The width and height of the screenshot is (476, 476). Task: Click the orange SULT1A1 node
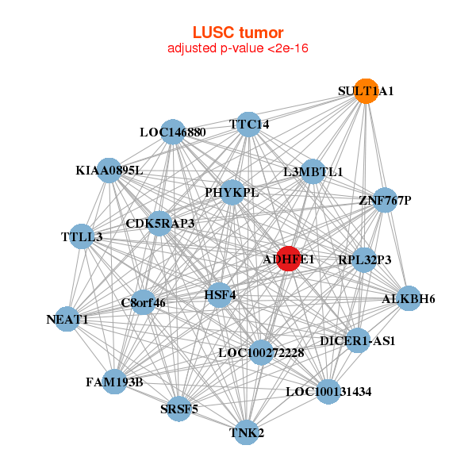[x=365, y=91]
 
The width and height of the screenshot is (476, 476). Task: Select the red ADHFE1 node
[x=289, y=259]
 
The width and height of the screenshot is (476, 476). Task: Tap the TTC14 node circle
[x=249, y=124]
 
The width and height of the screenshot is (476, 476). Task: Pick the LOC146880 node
[x=173, y=132]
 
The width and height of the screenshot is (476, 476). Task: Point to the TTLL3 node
[x=82, y=236]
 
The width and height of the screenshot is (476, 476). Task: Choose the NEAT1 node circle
[x=67, y=320]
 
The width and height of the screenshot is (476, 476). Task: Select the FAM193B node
[x=114, y=382]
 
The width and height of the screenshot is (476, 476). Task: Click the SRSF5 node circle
[x=179, y=409]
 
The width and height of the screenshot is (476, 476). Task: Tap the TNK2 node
[x=247, y=432]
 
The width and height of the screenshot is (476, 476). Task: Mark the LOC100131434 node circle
[x=328, y=391]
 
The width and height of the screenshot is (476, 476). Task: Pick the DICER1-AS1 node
[x=358, y=340]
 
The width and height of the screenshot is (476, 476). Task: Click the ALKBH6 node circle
[x=409, y=298]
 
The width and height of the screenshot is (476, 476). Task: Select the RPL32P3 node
[x=364, y=259]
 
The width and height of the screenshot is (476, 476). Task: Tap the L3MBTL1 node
[x=313, y=171]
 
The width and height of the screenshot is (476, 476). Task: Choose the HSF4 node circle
[x=221, y=295]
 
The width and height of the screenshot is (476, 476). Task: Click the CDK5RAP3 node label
[x=160, y=223]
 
